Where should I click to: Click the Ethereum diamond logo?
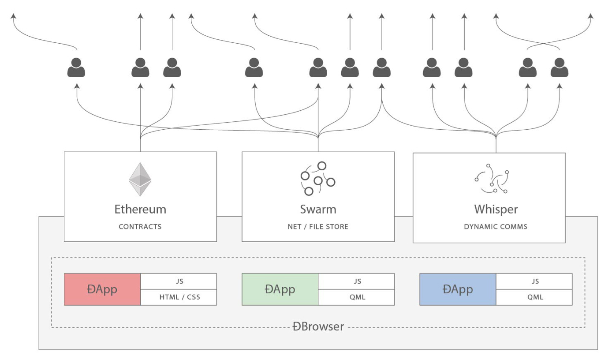(x=140, y=180)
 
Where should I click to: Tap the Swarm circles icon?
(x=317, y=179)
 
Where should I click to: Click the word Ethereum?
(x=140, y=209)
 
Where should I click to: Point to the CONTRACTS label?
(x=140, y=227)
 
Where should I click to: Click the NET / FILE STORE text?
(x=318, y=227)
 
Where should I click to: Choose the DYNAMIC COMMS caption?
(x=496, y=227)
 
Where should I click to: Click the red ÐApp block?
(x=102, y=289)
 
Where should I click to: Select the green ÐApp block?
(x=280, y=289)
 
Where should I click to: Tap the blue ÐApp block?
(x=458, y=289)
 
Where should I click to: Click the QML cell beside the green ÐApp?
(x=357, y=297)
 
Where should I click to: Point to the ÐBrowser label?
(x=318, y=327)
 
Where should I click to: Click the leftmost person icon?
(x=76, y=68)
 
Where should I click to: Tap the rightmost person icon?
(x=559, y=68)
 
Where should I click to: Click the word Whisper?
(x=496, y=209)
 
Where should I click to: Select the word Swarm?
(x=318, y=209)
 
